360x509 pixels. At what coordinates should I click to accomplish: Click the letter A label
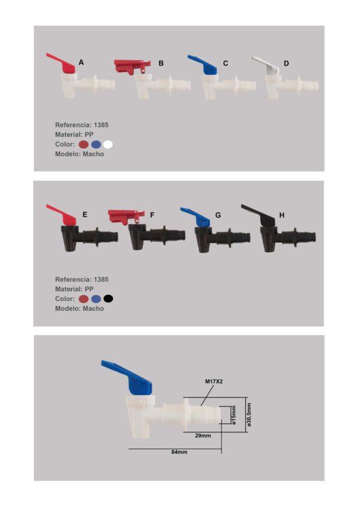pyautogui.click(x=81, y=62)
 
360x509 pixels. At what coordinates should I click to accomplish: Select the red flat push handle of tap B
pyautogui.click(x=131, y=66)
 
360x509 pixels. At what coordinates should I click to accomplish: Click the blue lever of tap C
pyautogui.click(x=203, y=65)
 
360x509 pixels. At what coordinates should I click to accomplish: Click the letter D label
pyautogui.click(x=286, y=64)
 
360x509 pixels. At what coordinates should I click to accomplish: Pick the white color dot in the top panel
pyautogui.click(x=108, y=144)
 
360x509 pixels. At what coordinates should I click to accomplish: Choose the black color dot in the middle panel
pyautogui.click(x=108, y=299)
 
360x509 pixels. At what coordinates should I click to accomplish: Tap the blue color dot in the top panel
pyautogui.click(x=96, y=144)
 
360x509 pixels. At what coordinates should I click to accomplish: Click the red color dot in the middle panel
pyautogui.click(x=84, y=299)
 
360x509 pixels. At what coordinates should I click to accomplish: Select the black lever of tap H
pyautogui.click(x=259, y=215)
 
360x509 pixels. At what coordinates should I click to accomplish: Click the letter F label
pyautogui.click(x=152, y=215)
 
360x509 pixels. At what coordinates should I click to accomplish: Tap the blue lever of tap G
pyautogui.click(x=196, y=216)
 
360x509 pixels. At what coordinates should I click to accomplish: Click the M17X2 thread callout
pyautogui.click(x=214, y=381)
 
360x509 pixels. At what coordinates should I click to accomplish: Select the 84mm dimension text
pyautogui.click(x=179, y=452)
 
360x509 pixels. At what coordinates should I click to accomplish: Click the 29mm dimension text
pyautogui.click(x=203, y=436)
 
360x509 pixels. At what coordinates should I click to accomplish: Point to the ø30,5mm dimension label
pyautogui.click(x=249, y=414)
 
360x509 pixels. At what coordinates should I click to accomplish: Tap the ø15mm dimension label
pyautogui.click(x=233, y=415)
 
